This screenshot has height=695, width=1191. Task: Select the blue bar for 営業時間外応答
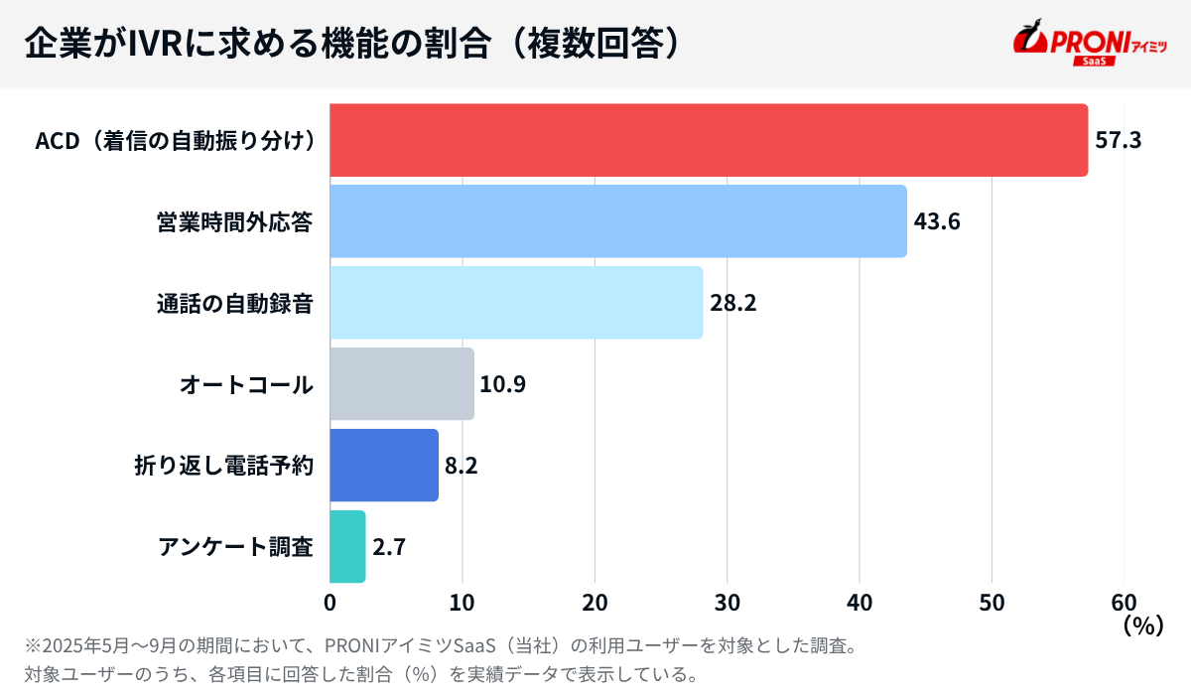click(x=617, y=221)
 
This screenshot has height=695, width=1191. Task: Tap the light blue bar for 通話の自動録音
click(x=515, y=303)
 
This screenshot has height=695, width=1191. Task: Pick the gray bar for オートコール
click(x=401, y=384)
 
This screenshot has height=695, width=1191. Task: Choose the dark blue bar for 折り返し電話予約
click(x=383, y=466)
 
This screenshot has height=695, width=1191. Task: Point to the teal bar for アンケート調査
click(x=346, y=547)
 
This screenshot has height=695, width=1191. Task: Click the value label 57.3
click(x=1119, y=140)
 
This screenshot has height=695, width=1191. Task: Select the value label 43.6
click(x=937, y=221)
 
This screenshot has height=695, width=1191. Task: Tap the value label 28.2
click(x=733, y=303)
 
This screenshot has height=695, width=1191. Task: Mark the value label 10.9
click(x=502, y=384)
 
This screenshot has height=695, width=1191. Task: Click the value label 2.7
click(x=390, y=547)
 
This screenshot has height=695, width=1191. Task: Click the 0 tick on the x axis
click(x=330, y=603)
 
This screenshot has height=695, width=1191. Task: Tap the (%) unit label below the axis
click(x=1141, y=626)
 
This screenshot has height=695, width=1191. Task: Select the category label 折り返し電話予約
click(x=224, y=466)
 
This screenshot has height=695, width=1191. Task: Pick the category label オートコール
click(x=246, y=384)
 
